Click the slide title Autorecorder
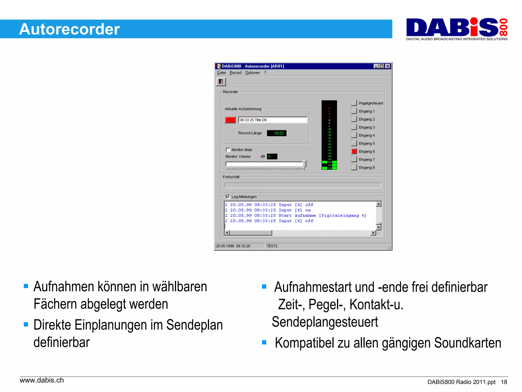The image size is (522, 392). click(69, 29)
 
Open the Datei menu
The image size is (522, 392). click(221, 73)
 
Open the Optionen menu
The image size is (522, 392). click(252, 73)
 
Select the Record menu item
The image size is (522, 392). click(235, 73)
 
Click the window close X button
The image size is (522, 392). click(388, 66)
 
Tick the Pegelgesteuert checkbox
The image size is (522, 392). click(354, 103)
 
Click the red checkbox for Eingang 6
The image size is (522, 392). click(354, 151)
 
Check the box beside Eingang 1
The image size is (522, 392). click(354, 111)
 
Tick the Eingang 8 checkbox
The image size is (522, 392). click(354, 167)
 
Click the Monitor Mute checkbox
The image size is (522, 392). click(228, 150)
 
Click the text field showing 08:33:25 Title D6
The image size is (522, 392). click(273, 120)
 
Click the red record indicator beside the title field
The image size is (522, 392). click(230, 120)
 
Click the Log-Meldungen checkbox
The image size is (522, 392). click(228, 197)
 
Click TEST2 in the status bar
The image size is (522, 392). click(272, 246)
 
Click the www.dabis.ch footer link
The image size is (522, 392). click(42, 380)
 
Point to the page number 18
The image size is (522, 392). click(504, 382)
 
